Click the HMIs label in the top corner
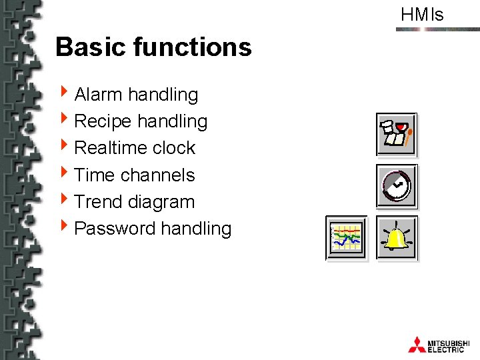[x=422, y=15]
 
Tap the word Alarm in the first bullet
[x=99, y=95]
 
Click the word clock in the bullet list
[x=174, y=148]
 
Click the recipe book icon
[x=397, y=134]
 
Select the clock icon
[x=397, y=185]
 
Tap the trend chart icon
[x=347, y=237]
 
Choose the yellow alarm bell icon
[x=397, y=237]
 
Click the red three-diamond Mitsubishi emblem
[x=417, y=344]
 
